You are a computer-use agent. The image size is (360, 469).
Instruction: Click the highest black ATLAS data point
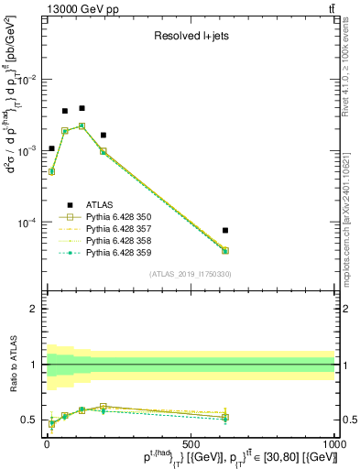82,108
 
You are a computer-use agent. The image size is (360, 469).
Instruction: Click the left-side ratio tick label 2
34,309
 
